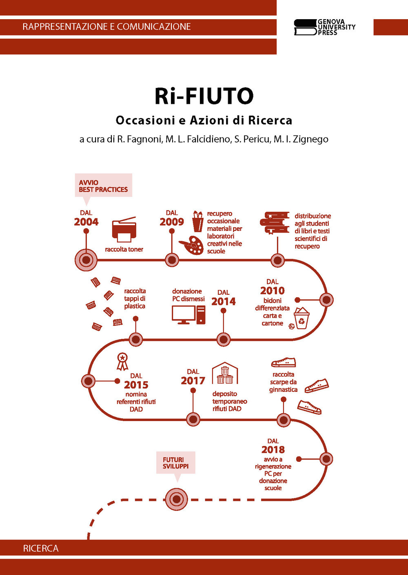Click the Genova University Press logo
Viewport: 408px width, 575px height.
pos(324,27)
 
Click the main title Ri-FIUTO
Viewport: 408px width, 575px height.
pos(204,96)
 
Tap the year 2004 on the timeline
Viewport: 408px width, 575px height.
pos(86,222)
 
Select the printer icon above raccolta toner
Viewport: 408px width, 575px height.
pos(124,230)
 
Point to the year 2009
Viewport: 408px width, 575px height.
pos(172,222)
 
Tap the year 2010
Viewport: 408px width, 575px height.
pos(273,291)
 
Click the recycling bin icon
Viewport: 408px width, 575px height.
pos(302,318)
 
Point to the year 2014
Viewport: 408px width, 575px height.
pos(224,302)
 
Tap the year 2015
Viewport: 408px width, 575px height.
pos(136,385)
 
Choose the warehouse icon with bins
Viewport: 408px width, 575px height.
pos(225,373)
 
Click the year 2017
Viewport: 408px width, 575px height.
pos(193,381)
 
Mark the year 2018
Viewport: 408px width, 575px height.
pos(273,450)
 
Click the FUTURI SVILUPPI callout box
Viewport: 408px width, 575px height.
pos(176,463)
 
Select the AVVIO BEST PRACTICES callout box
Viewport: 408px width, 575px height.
pos(103,185)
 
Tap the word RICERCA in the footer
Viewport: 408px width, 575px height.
pos(41,549)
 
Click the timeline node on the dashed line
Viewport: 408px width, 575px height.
pos(176,499)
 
